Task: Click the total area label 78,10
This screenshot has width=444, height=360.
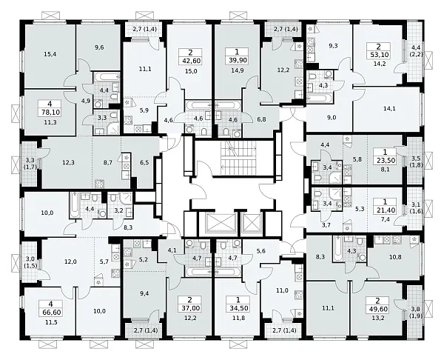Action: pyautogui.click(x=50, y=113)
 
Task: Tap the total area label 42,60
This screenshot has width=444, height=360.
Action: pyautogui.click(x=190, y=61)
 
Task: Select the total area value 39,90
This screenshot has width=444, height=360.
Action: pyautogui.click(x=237, y=60)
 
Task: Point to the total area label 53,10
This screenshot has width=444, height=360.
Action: pyautogui.click(x=379, y=54)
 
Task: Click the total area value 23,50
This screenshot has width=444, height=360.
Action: pyautogui.click(x=386, y=160)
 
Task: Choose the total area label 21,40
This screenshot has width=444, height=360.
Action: pyautogui.click(x=385, y=210)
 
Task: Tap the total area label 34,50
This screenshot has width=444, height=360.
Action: pyautogui.click(x=238, y=308)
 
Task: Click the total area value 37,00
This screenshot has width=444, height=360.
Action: pyautogui.click(x=189, y=308)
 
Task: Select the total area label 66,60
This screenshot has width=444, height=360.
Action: pyautogui.click(x=50, y=313)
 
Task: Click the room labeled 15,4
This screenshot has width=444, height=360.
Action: pyautogui.click(x=50, y=54)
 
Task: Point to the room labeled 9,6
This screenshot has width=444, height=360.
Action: pyautogui.click(x=99, y=47)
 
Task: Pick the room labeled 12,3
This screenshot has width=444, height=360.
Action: pyautogui.click(x=68, y=163)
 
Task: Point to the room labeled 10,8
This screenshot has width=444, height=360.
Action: pyautogui.click(x=395, y=257)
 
